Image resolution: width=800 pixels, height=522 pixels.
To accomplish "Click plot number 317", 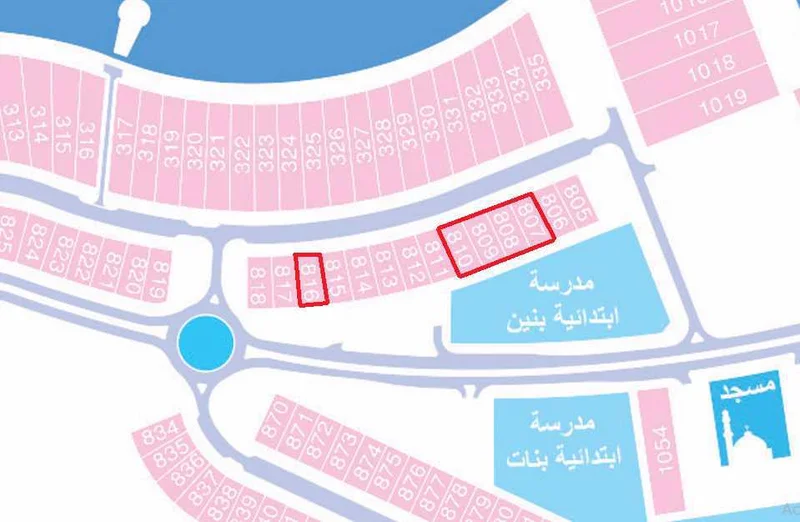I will [123, 135].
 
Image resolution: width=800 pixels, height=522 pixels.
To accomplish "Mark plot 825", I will [9, 234].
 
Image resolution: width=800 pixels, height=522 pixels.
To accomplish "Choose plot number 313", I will [12, 124].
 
